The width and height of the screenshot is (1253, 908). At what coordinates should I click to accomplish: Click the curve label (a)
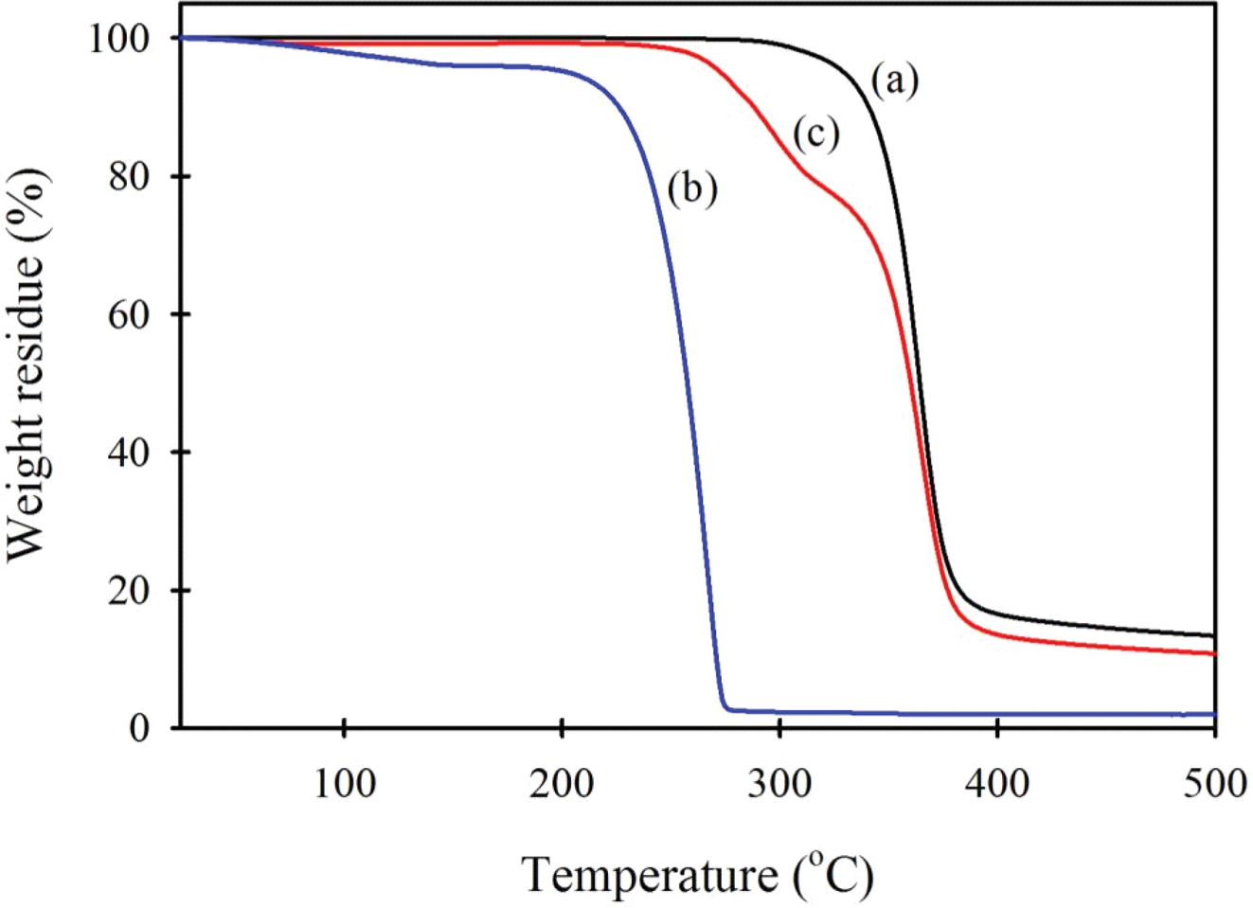(x=895, y=81)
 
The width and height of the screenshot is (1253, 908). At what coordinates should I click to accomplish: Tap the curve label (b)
(x=692, y=188)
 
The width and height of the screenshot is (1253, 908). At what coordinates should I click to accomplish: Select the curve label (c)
(x=815, y=134)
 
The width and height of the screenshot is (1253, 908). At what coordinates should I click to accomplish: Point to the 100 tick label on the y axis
(x=119, y=39)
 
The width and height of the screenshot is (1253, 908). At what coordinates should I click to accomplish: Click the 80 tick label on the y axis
(x=130, y=177)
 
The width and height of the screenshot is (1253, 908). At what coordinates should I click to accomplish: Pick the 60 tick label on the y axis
(x=130, y=314)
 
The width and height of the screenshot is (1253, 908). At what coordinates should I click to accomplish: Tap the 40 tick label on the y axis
(x=130, y=453)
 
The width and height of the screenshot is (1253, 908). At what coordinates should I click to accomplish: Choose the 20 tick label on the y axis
(x=130, y=591)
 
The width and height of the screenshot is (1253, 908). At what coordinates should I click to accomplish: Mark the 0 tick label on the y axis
(x=140, y=728)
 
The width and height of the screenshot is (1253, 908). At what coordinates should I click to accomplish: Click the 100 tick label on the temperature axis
(x=345, y=784)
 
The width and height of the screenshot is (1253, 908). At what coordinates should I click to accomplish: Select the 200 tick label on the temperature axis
(x=563, y=784)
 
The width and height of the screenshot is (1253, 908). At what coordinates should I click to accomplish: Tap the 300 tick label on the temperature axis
(x=779, y=784)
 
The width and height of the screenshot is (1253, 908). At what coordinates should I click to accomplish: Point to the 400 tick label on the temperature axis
(x=997, y=784)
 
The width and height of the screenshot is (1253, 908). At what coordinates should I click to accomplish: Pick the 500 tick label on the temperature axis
(x=1214, y=784)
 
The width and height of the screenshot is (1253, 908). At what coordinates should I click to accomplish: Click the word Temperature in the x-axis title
(x=649, y=876)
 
